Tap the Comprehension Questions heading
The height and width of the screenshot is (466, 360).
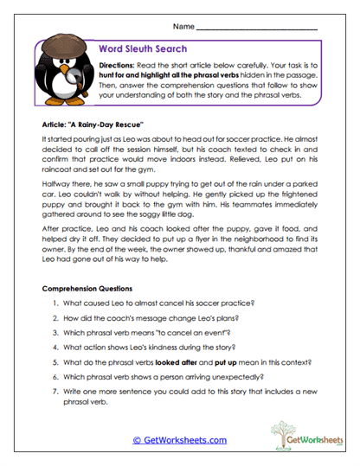point(91,288)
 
